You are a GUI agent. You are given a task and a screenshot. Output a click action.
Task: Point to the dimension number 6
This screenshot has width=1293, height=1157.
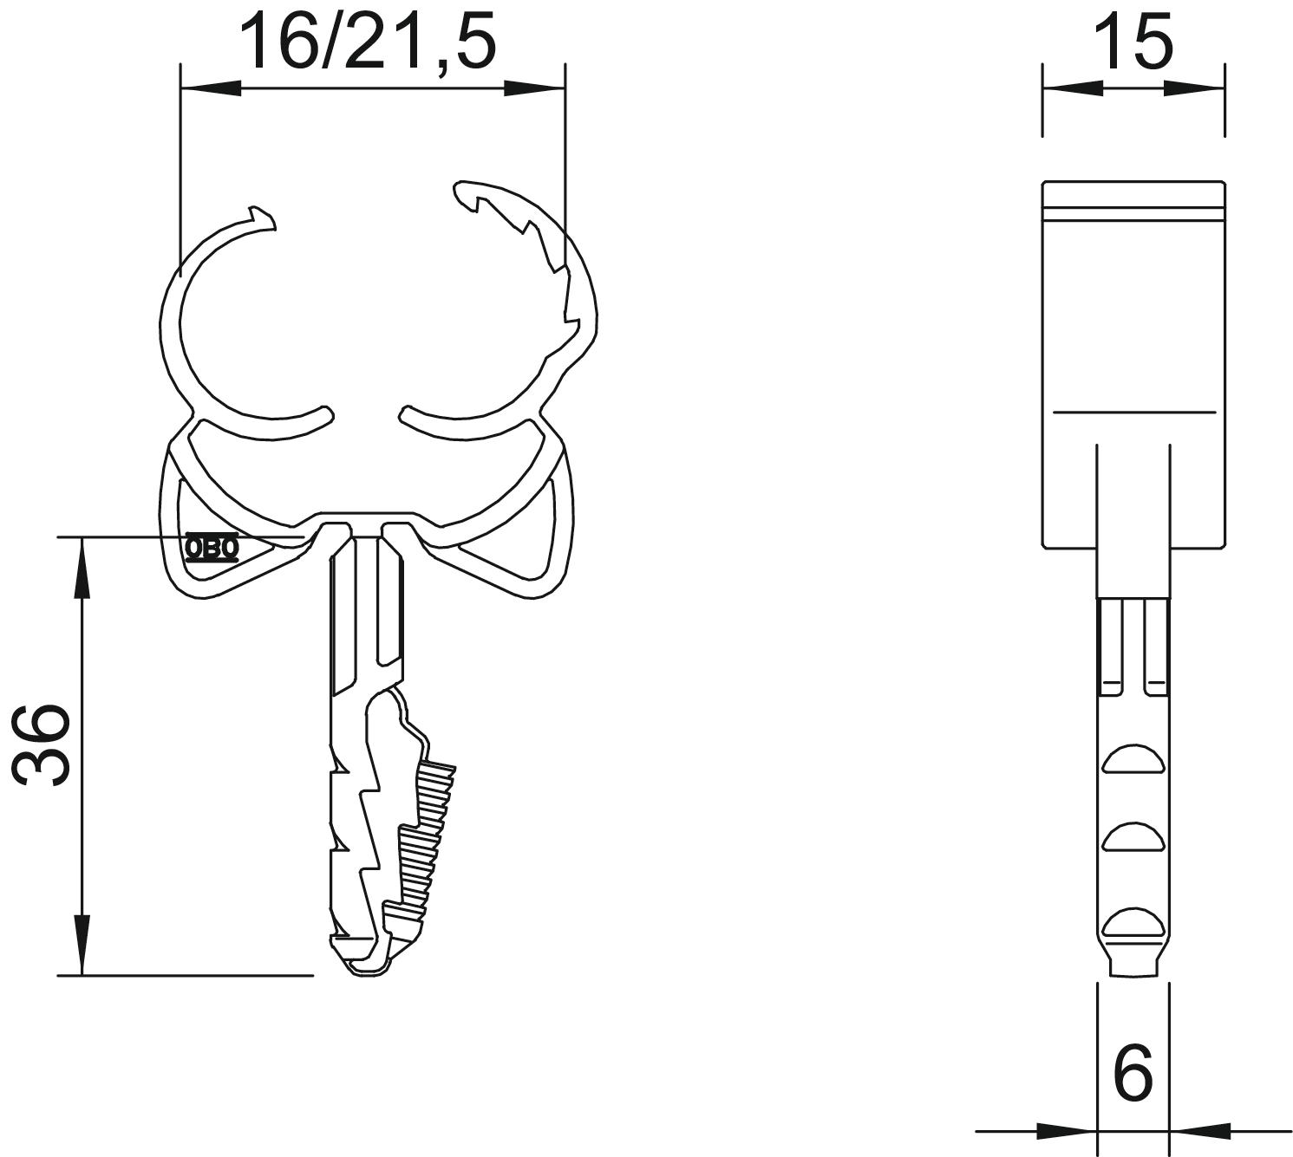(x=1133, y=1073)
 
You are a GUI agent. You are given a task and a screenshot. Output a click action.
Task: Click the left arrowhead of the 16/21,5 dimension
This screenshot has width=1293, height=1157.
(x=212, y=88)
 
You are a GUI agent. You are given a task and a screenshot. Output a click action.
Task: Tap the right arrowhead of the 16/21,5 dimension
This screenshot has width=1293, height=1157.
(x=535, y=88)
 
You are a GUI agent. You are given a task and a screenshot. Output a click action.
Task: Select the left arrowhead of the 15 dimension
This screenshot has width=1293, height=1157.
(x=1073, y=88)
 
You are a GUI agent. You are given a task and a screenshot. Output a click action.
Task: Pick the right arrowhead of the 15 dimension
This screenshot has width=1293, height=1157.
(x=1194, y=88)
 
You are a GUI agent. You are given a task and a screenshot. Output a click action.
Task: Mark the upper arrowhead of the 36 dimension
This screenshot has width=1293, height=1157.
(x=82, y=568)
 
